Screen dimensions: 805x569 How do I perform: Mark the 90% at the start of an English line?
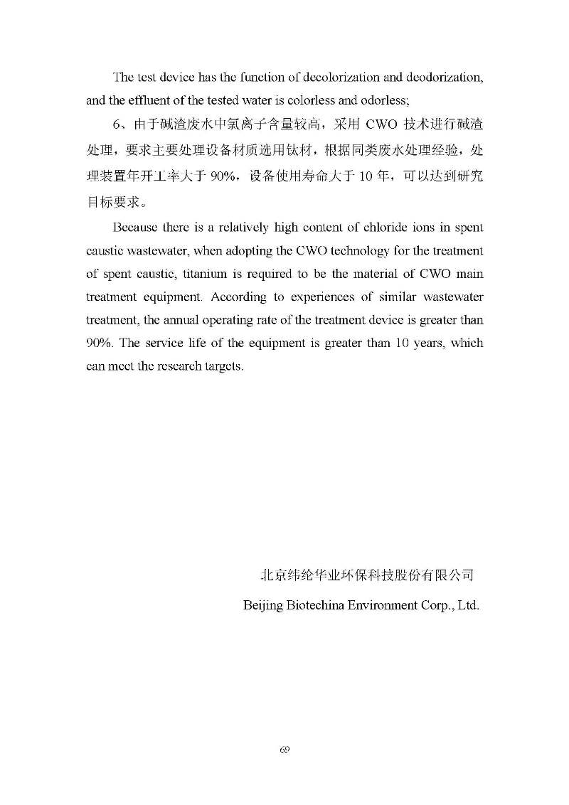tap(99, 343)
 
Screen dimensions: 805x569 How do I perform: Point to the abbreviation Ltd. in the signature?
tap(468, 606)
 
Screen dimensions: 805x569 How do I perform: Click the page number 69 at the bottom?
tap(284, 750)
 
